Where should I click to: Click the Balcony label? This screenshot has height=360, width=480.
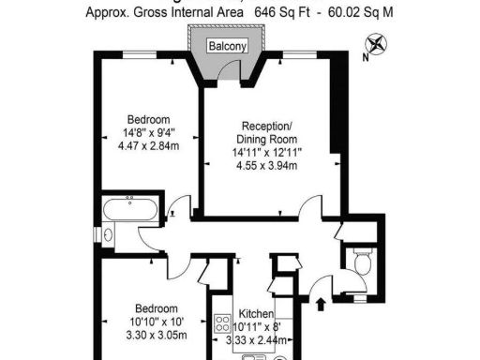pyautogui.click(x=228, y=45)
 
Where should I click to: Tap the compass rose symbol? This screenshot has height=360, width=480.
pyautogui.click(x=375, y=42)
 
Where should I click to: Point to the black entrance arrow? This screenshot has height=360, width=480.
pyautogui.click(x=322, y=303)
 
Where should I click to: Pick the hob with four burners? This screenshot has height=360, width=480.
pyautogui.click(x=223, y=325)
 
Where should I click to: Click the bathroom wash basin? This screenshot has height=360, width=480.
pyautogui.click(x=108, y=234)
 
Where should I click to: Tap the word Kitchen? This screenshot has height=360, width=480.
pyautogui.click(x=255, y=314)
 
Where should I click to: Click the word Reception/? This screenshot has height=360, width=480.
pyautogui.click(x=267, y=127)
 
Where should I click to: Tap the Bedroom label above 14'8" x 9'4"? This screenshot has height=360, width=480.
pyautogui.click(x=149, y=119)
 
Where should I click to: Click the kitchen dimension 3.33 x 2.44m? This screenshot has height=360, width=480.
pyautogui.click(x=255, y=340)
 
